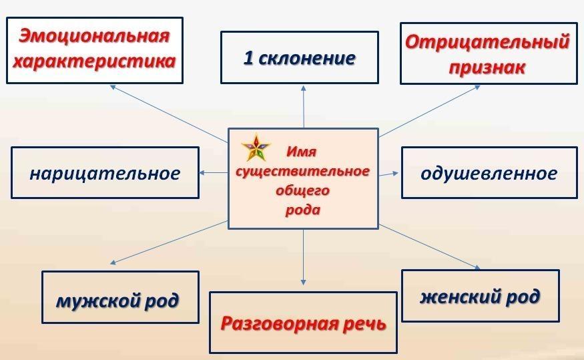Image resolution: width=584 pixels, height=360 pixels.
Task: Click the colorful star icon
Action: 256,148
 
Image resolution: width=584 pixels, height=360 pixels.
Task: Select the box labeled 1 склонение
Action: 300,57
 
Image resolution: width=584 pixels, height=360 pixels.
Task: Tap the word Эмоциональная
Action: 94,36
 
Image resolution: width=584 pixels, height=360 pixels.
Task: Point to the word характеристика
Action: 94,61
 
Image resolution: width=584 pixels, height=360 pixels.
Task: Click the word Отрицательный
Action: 487,41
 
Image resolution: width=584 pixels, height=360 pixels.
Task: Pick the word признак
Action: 487,67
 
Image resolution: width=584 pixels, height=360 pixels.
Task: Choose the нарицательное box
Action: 105,172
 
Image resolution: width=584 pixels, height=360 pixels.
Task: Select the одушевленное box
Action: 489,172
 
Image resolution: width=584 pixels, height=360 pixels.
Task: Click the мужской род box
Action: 120,297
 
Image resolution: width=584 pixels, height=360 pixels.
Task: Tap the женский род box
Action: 481,295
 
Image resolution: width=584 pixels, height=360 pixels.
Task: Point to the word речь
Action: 364,324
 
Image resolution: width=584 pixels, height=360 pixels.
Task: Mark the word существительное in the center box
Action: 302,172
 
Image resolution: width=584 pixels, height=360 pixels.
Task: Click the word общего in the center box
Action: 303,191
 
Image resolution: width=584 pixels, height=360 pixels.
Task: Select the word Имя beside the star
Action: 301,152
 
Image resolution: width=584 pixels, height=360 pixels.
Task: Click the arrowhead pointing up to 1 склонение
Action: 304,88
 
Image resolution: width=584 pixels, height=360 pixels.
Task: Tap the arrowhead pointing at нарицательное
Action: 202,173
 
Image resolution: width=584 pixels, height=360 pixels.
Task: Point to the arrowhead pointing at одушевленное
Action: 395,173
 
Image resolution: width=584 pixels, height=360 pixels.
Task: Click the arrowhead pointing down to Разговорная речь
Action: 303,283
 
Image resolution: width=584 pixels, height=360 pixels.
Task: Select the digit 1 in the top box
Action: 248,57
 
